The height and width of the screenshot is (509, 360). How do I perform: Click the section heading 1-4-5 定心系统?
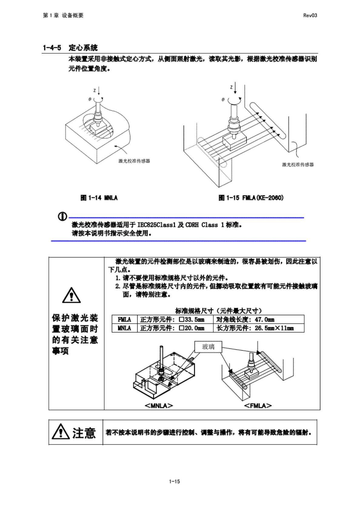coord(70,48)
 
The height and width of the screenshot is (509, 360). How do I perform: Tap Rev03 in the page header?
coord(310,15)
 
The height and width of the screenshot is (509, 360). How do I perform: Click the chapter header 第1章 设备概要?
coord(63,15)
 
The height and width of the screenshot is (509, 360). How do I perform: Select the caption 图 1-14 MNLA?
coord(99,198)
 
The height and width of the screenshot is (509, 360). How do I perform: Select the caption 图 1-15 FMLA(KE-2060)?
coord(251,198)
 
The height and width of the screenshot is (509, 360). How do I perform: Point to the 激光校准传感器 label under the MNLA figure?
coord(134,161)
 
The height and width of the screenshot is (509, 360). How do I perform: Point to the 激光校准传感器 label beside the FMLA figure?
coord(298,165)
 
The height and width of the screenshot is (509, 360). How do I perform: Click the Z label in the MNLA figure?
coord(95,90)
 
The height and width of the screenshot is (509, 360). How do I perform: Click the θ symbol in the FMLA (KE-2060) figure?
coord(223,99)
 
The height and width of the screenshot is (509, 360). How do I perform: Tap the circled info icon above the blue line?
coord(62,216)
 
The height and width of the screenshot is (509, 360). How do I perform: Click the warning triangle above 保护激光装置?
coord(71,295)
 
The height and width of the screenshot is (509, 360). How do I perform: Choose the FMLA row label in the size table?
coord(124,319)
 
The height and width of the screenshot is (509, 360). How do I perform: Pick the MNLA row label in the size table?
coord(124,328)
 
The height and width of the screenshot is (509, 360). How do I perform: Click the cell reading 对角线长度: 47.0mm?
coord(245,319)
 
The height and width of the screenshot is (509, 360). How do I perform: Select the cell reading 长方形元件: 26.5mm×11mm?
coord(255,328)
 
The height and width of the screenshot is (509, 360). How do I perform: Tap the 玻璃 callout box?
coord(208,347)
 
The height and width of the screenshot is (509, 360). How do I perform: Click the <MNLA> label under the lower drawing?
coord(159,405)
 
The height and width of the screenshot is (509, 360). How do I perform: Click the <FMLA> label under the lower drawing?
coord(258,405)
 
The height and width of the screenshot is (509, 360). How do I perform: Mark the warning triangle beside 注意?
coord(61,432)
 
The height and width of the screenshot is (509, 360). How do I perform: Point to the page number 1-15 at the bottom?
coord(175,481)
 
